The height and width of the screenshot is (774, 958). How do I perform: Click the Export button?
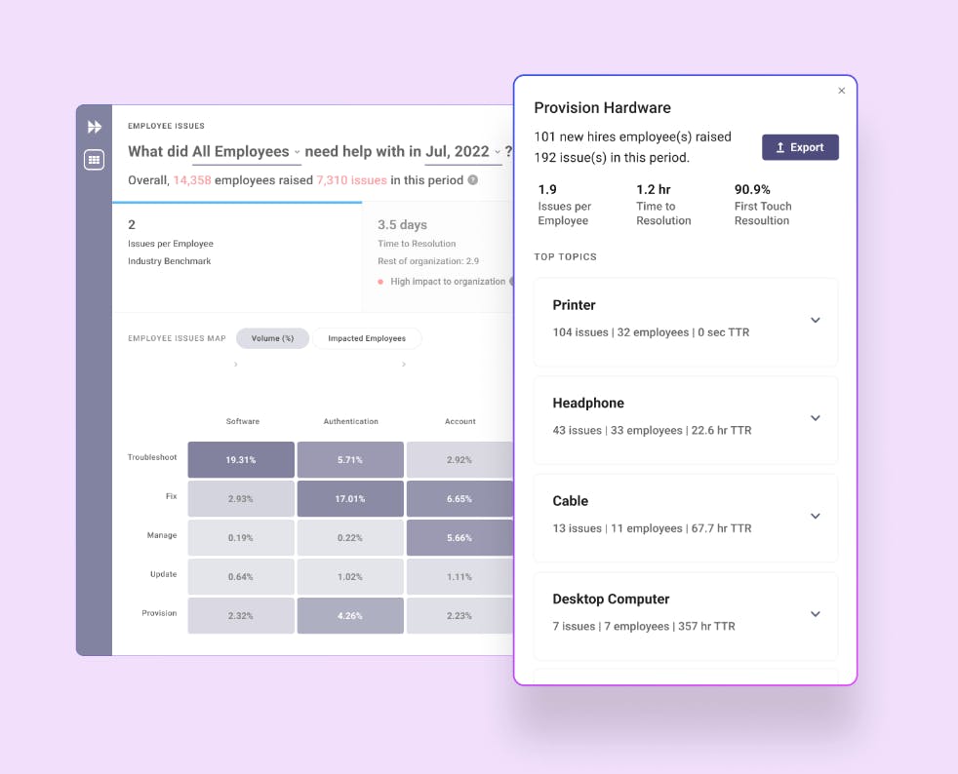[800, 147]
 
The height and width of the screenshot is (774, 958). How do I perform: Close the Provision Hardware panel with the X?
[842, 91]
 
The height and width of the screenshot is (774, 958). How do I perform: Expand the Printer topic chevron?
[816, 321]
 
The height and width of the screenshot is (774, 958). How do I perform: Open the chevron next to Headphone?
[816, 418]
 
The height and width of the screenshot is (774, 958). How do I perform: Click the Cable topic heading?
[571, 501]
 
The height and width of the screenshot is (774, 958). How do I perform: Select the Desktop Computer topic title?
[611, 599]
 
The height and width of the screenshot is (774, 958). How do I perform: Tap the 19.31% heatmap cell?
[241, 459]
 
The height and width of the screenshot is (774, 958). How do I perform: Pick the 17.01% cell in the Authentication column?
[350, 498]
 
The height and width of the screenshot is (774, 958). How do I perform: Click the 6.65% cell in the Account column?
[459, 498]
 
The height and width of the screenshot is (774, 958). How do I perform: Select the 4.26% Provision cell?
[350, 615]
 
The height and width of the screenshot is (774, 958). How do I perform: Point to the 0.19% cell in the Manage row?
[241, 537]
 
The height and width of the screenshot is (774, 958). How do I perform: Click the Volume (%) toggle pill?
[272, 338]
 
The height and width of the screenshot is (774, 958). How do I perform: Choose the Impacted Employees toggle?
[367, 338]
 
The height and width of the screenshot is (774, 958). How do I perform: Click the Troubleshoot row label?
[152, 457]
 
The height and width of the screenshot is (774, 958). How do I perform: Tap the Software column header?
[243, 421]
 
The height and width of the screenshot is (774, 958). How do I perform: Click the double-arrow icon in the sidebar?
[95, 127]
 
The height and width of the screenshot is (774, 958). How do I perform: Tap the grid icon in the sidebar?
[95, 160]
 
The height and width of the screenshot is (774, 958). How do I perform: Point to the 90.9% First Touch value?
[752, 189]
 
